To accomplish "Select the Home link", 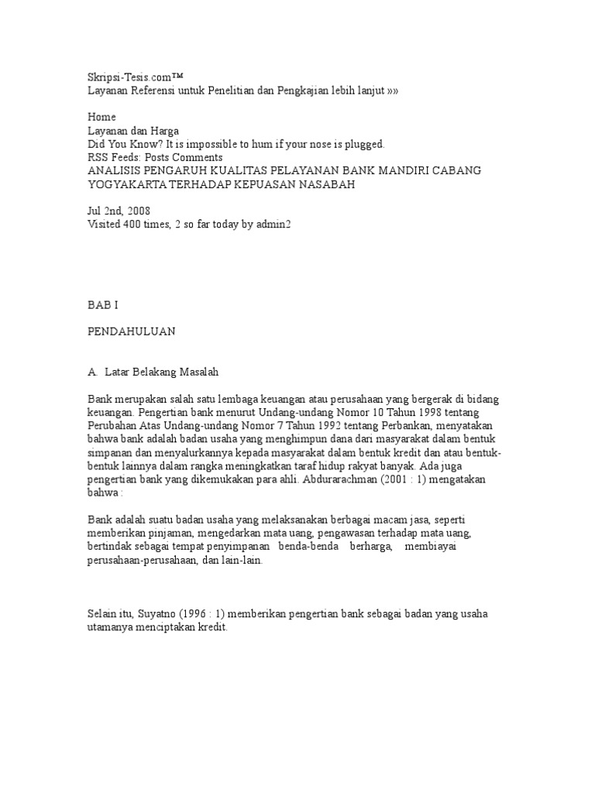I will coord(101,117).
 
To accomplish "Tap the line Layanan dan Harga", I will coord(132,131).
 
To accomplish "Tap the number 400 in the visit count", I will coord(138,225).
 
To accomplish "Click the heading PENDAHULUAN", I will coord(132,331).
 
